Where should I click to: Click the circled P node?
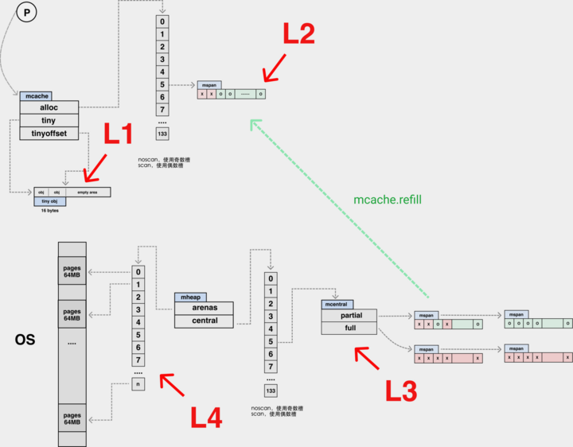point(27,13)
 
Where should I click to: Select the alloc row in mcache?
point(49,107)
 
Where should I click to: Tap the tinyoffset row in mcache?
point(49,134)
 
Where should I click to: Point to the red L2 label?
point(298,33)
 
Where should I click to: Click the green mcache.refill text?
point(387,200)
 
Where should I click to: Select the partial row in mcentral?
point(349,315)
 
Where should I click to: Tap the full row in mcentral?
point(349,328)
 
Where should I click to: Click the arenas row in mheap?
point(205,308)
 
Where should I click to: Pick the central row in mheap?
point(205,321)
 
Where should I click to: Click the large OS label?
point(25,340)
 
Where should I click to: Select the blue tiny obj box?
point(49,202)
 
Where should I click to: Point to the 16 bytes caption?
point(49,212)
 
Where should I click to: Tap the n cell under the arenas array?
point(139,386)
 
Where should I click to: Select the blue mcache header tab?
point(35,95)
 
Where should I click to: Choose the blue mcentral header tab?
point(335,304)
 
